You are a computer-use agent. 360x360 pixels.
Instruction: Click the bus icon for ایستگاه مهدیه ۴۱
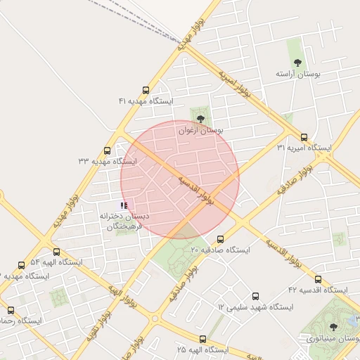coord(146,90)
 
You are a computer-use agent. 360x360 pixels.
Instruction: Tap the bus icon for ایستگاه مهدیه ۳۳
coord(107,150)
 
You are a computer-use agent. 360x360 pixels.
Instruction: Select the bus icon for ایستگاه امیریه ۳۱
coord(304,137)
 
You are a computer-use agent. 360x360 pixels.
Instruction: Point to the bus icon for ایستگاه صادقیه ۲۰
coord(220,239)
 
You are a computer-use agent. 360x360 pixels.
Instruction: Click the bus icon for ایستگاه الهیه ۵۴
coord(56,252)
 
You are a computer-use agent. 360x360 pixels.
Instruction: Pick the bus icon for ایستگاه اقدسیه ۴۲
coord(318,279)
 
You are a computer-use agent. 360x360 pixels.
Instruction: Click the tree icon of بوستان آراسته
coord(297,62)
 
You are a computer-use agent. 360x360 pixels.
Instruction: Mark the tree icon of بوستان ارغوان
coord(201,119)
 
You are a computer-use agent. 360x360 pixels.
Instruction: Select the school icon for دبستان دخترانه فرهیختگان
coord(124,205)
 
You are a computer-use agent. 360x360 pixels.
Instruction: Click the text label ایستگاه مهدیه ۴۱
coord(146,101)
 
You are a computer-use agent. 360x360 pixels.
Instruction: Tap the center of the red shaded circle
coord(180,179)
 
